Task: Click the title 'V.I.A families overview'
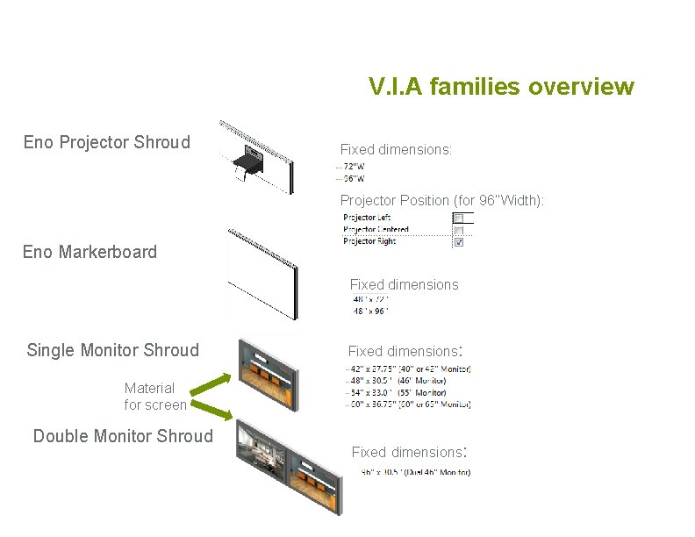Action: click(x=501, y=87)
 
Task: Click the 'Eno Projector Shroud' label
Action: click(x=106, y=142)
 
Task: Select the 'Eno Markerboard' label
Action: click(x=90, y=252)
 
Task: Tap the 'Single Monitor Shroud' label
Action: click(x=113, y=350)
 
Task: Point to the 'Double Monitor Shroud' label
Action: click(x=123, y=436)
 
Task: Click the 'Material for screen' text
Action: click(x=154, y=396)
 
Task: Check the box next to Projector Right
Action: click(x=458, y=242)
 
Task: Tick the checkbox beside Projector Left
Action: click(x=458, y=218)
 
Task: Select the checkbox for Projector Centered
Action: click(x=458, y=230)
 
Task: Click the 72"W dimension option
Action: click(x=355, y=166)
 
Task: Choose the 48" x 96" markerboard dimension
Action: click(x=369, y=311)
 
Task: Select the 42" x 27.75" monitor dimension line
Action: click(x=409, y=369)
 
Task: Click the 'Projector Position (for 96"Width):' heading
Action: click(x=442, y=200)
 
